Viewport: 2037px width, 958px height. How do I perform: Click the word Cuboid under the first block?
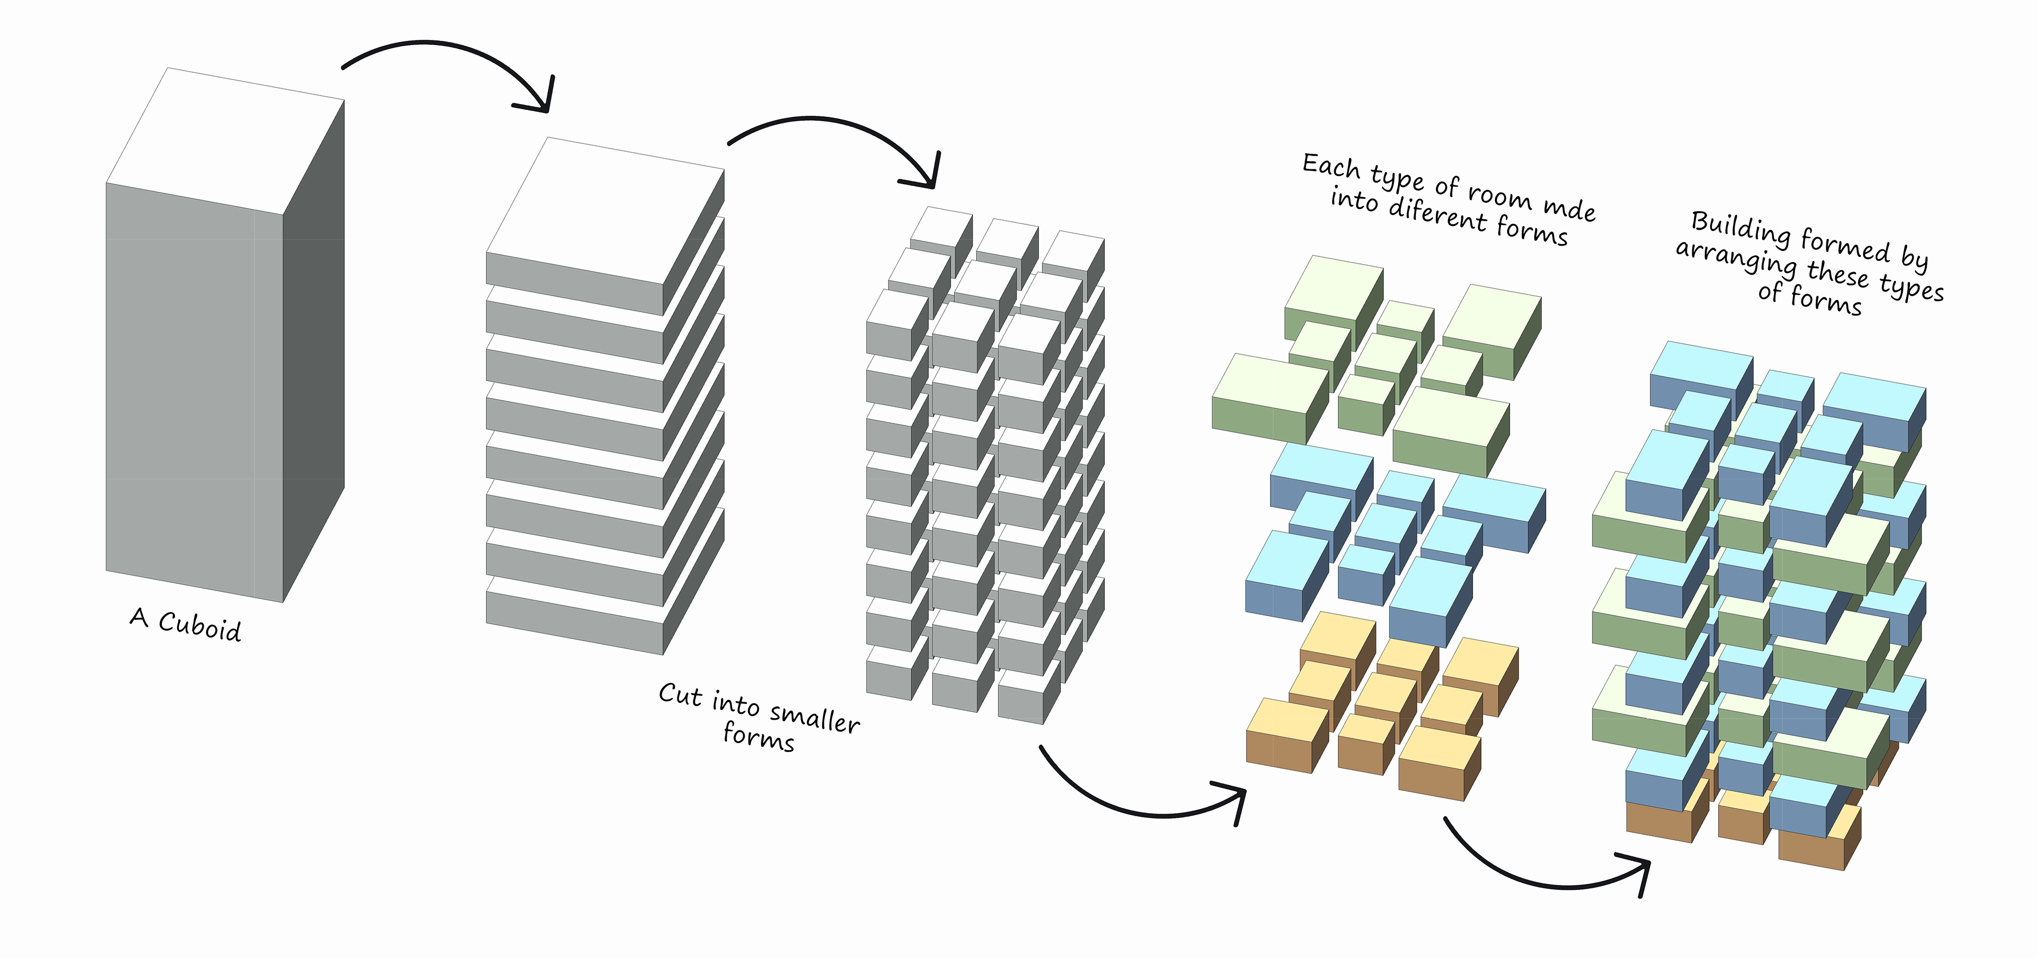(200, 626)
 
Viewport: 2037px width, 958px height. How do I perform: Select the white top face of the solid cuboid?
(225, 141)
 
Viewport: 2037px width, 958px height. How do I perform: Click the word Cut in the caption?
(680, 695)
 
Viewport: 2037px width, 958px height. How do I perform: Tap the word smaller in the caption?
(814, 718)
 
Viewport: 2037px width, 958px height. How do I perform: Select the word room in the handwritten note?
(1499, 195)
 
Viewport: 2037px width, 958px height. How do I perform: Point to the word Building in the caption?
(1740, 229)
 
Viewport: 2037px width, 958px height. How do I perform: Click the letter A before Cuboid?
(139, 617)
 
